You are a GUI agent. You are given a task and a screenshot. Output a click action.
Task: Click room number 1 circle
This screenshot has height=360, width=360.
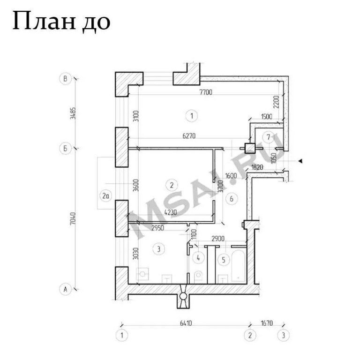pos(192,116)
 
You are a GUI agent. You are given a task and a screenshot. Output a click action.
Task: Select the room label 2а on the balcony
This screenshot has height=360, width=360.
pos(105,196)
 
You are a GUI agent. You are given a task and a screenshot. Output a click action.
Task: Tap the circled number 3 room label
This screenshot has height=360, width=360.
pos(158,249)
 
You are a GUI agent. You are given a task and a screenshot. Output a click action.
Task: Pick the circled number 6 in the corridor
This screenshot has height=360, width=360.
pos(232,199)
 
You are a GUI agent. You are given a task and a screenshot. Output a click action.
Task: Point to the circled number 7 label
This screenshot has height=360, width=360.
pos(269,137)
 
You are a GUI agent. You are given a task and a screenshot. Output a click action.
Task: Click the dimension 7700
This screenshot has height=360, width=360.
pos(206,92)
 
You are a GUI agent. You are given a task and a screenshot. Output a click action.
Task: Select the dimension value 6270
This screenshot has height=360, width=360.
pos(189,136)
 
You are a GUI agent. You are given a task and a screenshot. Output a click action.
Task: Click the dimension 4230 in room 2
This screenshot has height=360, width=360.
pos(171,212)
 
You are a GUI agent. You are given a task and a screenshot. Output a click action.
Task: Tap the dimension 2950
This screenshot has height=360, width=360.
pos(157,228)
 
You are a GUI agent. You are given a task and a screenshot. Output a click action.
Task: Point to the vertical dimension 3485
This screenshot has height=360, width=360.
pos(73,113)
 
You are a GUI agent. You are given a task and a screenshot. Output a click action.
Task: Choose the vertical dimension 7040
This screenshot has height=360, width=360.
pos(73,218)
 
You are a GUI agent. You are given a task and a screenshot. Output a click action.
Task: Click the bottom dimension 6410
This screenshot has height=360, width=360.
pos(186,323)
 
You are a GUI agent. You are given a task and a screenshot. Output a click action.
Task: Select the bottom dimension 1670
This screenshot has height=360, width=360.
pos(267,323)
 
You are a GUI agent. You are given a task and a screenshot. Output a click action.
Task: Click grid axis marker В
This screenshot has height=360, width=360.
pos(66,79)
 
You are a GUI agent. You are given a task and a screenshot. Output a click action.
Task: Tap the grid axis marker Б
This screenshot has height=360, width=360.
pos(66,148)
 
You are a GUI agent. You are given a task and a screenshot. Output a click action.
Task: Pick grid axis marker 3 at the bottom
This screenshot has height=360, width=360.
pos(283,335)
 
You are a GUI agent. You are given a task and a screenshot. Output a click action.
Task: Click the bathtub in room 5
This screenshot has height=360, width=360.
pos(238,266)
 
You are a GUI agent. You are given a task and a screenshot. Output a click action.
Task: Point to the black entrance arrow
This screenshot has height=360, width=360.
pos(300,161)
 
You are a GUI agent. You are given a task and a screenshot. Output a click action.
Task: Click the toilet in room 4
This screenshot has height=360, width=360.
pos(198,277)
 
